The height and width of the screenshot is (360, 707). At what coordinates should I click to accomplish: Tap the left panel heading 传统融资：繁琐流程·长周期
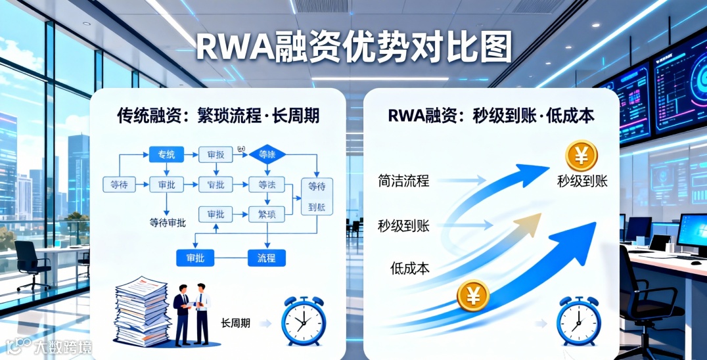click(x=218, y=116)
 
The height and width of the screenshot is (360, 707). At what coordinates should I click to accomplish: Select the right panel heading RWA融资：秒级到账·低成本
click(x=491, y=116)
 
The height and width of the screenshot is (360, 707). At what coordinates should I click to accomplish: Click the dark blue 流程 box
click(x=266, y=258)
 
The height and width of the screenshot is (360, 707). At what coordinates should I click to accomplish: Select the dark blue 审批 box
click(x=195, y=258)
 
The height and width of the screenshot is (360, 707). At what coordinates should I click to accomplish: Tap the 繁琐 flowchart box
click(x=266, y=214)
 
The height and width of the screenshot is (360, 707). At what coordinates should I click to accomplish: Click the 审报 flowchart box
click(x=215, y=155)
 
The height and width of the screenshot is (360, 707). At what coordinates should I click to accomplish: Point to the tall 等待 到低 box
click(x=317, y=196)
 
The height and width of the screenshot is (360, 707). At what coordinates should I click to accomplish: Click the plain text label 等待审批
click(x=168, y=223)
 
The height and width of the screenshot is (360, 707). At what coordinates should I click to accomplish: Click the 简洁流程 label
click(x=403, y=180)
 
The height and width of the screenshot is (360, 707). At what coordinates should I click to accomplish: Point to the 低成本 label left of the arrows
click(x=409, y=267)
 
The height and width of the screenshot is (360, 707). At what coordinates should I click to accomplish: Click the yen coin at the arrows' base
click(x=472, y=296)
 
